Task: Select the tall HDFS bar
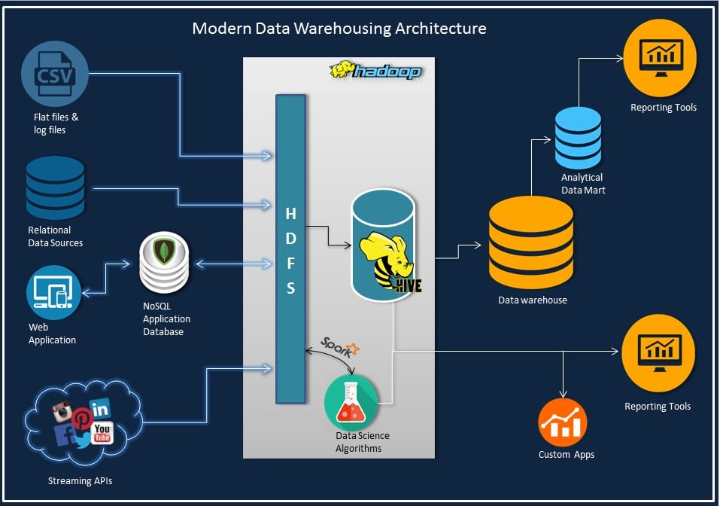290,248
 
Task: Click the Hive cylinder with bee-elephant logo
384,245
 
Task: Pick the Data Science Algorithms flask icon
351,402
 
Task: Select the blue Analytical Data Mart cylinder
578,138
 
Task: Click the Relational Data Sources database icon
55,187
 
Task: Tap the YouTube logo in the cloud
102,434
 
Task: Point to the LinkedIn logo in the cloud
100,409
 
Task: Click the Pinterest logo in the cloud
81,420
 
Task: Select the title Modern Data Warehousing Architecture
339,29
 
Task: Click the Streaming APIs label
79,480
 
